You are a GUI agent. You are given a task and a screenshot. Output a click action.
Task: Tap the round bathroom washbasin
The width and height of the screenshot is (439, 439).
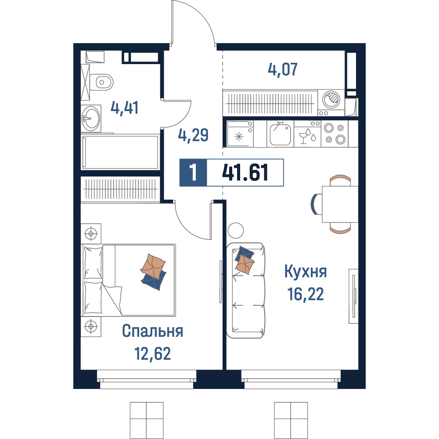click(91, 119)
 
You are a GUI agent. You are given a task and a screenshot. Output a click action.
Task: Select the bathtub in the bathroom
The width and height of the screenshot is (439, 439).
click(120, 152)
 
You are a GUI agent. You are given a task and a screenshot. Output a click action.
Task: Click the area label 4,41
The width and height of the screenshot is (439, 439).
click(124, 108)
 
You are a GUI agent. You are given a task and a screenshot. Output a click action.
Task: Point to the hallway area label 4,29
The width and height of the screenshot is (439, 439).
click(193, 135)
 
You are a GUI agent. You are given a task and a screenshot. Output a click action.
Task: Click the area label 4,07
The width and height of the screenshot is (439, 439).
click(282, 69)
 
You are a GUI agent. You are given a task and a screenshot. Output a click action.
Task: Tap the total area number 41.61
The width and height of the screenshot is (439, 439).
click(245, 173)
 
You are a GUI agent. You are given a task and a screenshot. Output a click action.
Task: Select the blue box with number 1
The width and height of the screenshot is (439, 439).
click(193, 173)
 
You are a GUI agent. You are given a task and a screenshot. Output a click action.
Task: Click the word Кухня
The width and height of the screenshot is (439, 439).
click(306, 272)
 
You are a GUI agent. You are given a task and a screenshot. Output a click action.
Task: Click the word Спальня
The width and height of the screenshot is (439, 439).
click(153, 331)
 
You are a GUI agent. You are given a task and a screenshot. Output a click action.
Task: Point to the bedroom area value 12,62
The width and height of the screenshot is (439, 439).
click(153, 353)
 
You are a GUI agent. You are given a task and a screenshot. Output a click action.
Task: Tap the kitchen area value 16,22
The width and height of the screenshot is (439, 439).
click(306, 294)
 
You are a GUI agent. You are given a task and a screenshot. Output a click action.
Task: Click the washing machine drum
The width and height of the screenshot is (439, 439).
click(331, 100)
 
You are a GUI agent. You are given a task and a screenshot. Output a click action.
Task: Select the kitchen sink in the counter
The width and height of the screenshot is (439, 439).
click(280, 134)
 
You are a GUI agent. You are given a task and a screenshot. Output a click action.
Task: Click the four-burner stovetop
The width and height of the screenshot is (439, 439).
click(335, 134)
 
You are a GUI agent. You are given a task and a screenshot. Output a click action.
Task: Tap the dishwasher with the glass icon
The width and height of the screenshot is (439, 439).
click(307, 134)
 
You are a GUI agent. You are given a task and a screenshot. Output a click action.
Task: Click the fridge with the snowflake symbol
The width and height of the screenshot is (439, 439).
click(240, 134)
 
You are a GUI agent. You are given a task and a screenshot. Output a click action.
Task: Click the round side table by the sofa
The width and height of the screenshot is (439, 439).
click(236, 230)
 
